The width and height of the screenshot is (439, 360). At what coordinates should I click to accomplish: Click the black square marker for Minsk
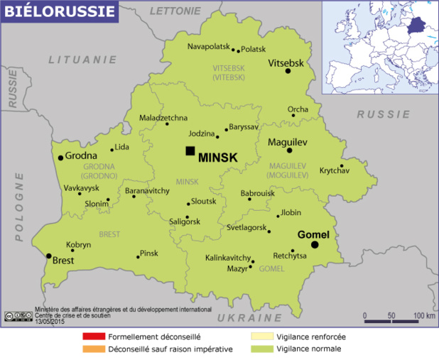[190, 151]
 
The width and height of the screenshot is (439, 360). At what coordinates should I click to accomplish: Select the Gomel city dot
[315, 245]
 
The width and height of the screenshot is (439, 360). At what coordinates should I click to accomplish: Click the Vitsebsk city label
[286, 63]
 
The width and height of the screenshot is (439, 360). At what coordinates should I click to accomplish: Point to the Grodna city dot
[61, 158]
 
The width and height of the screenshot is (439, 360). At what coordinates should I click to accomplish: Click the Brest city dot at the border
[48, 256]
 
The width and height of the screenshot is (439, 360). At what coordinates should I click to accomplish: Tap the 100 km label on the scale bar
[424, 315]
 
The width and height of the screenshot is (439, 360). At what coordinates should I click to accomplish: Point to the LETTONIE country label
[174, 11]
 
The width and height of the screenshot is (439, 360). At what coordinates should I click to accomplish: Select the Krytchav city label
[335, 171]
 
